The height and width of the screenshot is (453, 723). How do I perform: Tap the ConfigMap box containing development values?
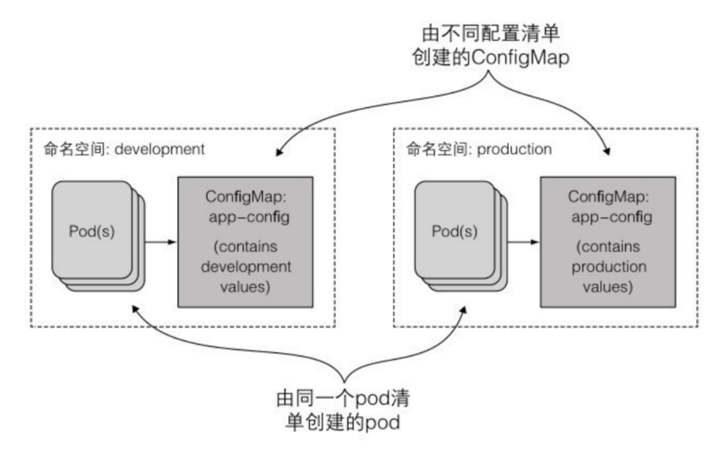(248, 241)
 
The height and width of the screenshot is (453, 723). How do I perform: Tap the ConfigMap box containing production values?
(608, 241)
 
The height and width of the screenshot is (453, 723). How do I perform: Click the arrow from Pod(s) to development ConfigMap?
(161, 242)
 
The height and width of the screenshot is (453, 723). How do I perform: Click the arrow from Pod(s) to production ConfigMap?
(523, 242)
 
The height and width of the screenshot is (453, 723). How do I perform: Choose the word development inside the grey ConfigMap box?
(248, 268)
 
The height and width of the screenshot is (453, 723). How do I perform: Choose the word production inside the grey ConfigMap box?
(608, 268)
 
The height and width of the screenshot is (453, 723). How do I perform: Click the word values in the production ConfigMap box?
(608, 286)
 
